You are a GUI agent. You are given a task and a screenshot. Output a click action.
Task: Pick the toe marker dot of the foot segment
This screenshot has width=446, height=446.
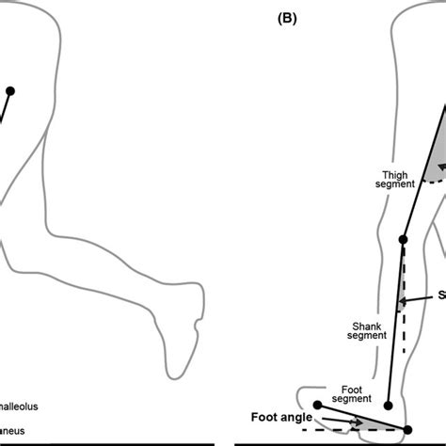(x=318, y=405)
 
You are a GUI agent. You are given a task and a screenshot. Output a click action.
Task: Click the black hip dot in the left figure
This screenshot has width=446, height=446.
(x=11, y=91)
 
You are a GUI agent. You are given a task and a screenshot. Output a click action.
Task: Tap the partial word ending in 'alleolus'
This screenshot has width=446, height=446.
(x=22, y=408)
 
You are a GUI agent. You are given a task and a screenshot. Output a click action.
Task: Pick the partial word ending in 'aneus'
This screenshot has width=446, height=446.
(x=20, y=432)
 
